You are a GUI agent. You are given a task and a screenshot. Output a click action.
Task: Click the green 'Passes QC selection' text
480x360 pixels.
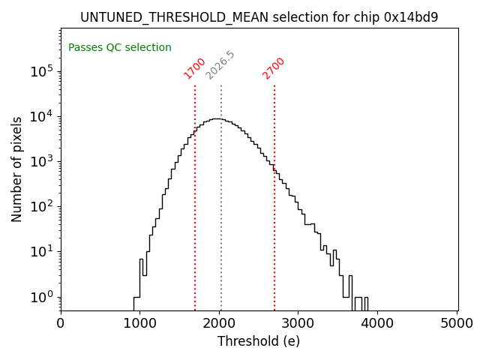coord(120,48)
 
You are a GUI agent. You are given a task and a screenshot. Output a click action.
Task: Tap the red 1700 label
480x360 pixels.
coord(195,67)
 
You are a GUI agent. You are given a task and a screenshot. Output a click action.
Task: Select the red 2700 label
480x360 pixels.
coord(274,67)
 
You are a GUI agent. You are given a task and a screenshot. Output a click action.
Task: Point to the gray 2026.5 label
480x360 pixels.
coord(220,65)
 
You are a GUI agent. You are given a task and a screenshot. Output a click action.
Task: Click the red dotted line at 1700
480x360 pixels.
coord(195,225)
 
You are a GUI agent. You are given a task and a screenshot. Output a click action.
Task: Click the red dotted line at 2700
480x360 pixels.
coord(274,225)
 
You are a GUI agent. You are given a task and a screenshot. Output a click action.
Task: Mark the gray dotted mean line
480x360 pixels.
coord(221,225)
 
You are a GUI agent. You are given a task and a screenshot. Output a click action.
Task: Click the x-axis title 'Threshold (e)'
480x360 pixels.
coord(259,341)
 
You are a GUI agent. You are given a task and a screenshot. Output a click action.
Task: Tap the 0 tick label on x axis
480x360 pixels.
coord(61,323)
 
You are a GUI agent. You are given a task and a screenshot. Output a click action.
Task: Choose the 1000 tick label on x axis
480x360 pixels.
coord(140,323)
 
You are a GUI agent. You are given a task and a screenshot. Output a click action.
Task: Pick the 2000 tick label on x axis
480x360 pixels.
coord(220,323)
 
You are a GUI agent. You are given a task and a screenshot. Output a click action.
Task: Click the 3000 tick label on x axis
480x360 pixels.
coord(299,323)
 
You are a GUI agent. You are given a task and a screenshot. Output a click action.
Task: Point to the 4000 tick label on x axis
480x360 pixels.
coord(379,323)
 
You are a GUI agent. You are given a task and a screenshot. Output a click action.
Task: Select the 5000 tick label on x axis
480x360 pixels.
coord(457,323)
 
